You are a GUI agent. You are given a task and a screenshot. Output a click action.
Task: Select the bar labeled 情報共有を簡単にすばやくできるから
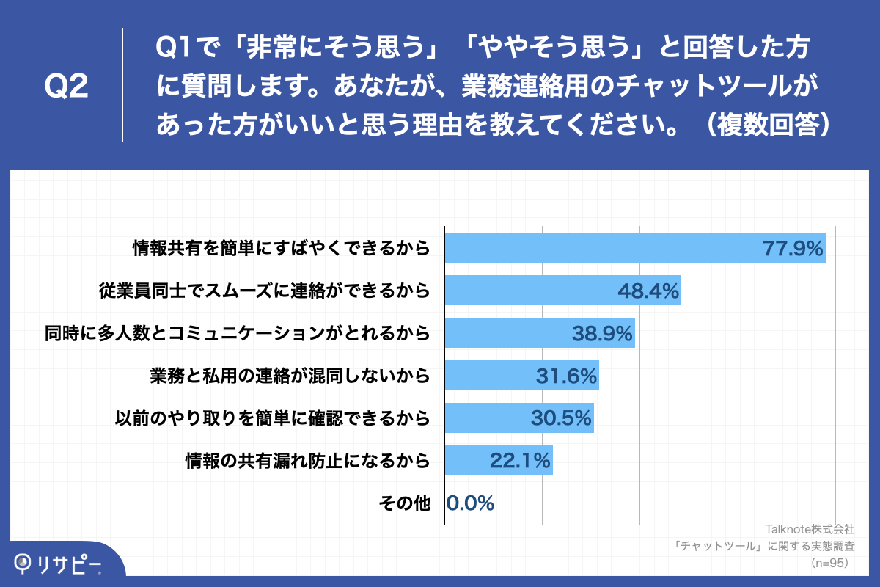[x=635, y=248]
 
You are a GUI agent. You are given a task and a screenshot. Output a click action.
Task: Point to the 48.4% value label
[x=648, y=291]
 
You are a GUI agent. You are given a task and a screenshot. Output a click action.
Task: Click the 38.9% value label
[x=602, y=334]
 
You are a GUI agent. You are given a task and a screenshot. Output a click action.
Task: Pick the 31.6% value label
[x=566, y=376]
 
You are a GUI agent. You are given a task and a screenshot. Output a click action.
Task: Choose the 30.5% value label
[x=561, y=418]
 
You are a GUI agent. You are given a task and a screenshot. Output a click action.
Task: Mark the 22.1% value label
[x=520, y=461]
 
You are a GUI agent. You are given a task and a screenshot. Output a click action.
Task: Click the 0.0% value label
[x=470, y=503]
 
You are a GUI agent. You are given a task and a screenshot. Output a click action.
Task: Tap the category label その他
[x=404, y=503]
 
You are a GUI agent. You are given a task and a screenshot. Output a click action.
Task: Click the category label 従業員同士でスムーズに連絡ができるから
[x=264, y=291]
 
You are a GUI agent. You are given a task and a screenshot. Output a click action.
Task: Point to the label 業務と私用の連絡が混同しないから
[x=289, y=376]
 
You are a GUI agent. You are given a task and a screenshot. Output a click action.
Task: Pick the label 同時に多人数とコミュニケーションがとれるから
[x=236, y=334]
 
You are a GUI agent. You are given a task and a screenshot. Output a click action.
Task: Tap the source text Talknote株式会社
[x=810, y=529]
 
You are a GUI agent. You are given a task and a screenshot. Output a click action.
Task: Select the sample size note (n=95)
[x=829, y=563]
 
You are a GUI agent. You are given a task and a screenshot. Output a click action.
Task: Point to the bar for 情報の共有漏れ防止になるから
[x=499, y=461]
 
